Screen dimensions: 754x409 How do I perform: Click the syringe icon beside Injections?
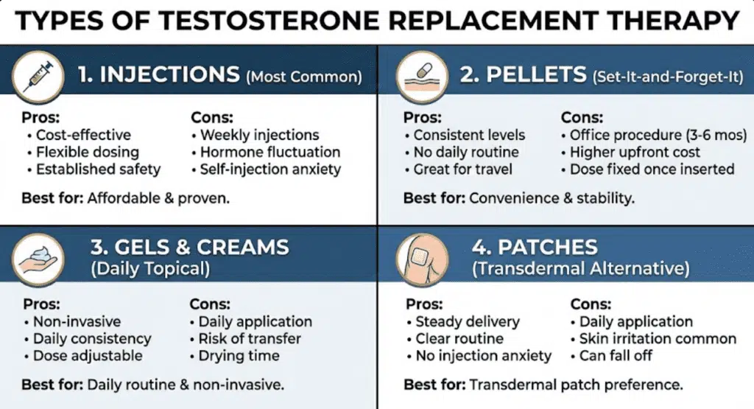tap(38, 77)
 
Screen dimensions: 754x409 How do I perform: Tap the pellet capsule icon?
tap(422, 77)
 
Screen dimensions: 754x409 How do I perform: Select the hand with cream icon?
tap(38, 260)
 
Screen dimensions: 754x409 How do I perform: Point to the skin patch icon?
tap(422, 260)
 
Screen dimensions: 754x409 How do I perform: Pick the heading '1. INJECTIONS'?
tap(158, 74)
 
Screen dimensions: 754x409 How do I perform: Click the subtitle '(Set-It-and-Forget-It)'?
tap(668, 77)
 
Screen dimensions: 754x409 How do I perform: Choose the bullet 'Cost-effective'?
tap(83, 135)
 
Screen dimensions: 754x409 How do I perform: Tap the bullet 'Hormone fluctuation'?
tap(270, 152)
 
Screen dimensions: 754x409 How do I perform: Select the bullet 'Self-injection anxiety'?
tap(270, 169)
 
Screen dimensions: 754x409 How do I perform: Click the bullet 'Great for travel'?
tap(462, 169)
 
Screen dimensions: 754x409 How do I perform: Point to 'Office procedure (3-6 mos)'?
tap(658, 135)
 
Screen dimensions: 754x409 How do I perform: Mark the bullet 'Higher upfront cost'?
tap(635, 152)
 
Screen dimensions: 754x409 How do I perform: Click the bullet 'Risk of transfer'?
tap(250, 339)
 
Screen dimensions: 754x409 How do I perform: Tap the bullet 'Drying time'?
tap(239, 356)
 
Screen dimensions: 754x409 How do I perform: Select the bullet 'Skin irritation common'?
tap(658, 339)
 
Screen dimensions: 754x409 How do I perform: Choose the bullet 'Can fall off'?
tap(616, 356)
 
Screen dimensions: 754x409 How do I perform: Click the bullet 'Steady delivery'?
tap(468, 321)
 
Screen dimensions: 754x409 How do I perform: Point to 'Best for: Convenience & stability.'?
tap(519, 198)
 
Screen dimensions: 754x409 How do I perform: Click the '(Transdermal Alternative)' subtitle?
tap(580, 268)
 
